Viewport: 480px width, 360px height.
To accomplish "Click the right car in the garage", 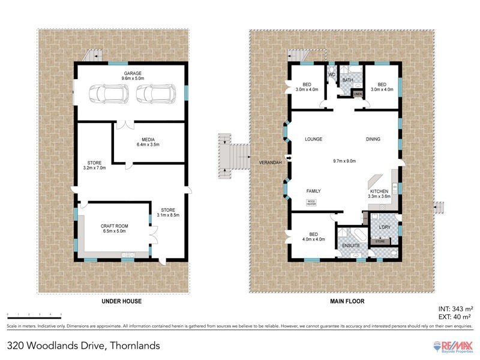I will [155, 94].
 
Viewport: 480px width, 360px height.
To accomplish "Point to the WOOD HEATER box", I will [311, 202].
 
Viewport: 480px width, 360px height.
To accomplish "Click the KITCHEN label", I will [379, 191].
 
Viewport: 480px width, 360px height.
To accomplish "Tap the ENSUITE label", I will [350, 246].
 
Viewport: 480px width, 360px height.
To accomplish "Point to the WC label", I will [331, 75].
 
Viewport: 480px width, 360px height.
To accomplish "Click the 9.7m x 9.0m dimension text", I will [344, 161].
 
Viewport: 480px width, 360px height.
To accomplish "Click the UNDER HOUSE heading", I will [122, 301].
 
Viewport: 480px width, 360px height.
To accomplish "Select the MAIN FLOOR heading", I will [347, 301].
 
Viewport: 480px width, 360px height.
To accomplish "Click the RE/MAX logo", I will [454, 346].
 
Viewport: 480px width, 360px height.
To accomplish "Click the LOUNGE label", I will [313, 139].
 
